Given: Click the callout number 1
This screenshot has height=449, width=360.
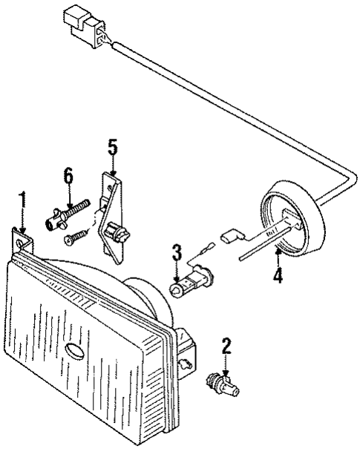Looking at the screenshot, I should (x=22, y=200).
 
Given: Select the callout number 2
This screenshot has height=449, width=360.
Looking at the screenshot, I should (x=226, y=346).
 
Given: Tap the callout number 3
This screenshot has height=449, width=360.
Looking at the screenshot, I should (x=176, y=252).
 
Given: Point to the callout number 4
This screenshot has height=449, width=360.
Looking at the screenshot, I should (x=277, y=277).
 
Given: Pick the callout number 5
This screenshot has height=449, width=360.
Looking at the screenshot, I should (x=112, y=146).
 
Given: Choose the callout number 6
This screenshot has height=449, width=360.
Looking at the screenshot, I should (x=68, y=176).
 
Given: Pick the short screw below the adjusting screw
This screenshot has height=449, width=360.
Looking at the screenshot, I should (x=74, y=237).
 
